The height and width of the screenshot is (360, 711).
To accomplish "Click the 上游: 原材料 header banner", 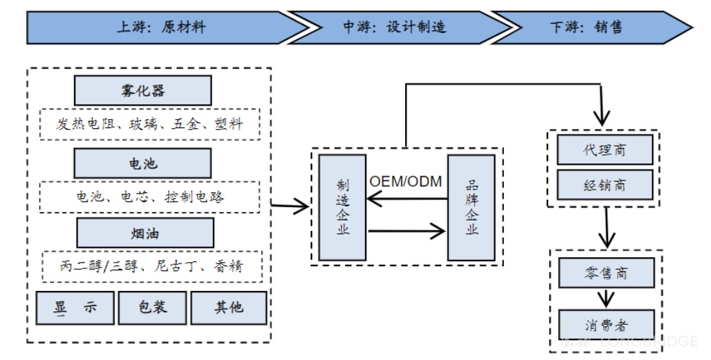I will [162, 27].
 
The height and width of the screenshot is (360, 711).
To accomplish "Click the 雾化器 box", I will [143, 91].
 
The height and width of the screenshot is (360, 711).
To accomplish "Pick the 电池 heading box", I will [143, 164].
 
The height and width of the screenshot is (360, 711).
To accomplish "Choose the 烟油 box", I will [144, 232].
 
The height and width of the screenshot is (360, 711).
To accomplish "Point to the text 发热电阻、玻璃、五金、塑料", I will [149, 125].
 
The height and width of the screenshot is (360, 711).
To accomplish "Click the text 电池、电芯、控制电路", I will [150, 197].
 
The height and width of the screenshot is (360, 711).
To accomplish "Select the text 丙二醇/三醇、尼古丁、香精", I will [152, 266].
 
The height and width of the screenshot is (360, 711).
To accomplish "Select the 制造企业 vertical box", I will [342, 206].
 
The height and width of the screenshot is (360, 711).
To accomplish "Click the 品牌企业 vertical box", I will [471, 206].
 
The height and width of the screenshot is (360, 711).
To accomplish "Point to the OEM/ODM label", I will [406, 182].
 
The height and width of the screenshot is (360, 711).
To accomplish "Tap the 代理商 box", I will [605, 149].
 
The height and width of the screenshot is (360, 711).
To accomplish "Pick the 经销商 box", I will [605, 185].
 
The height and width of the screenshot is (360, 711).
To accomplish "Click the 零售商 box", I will [605, 272].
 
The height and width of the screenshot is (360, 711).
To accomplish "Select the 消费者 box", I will [605, 325].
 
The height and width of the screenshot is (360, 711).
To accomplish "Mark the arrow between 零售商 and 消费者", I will [605, 298].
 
